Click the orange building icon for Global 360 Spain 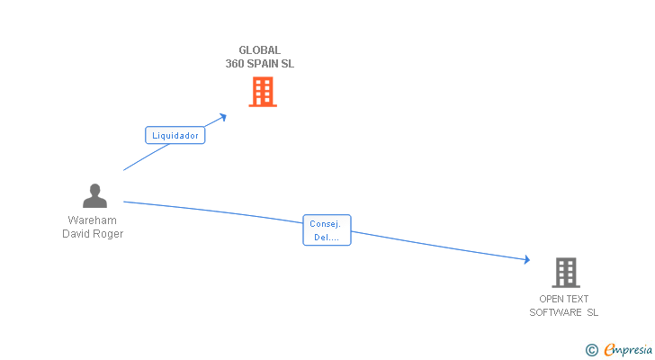coord(262,92)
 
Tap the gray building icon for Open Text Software coord(565,272)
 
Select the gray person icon coord(94,196)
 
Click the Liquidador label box coord(175,135)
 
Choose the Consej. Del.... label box coord(327,230)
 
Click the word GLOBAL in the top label coord(259,50)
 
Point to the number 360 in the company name coord(237,64)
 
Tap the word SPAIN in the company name coord(265,64)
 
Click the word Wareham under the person coord(93,220)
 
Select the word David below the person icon coord(76,234)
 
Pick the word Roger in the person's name coord(109,234)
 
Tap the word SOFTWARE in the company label coord(556,312)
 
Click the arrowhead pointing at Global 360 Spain coord(223,116)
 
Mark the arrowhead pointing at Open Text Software coord(527,260)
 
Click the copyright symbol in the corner coord(591,349)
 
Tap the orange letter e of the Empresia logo coord(608,349)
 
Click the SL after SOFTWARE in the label coord(593,312)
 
